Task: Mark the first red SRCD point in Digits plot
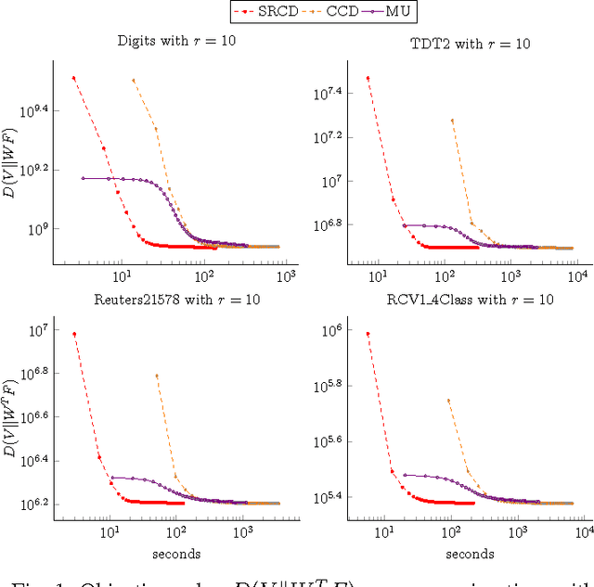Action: [x=73, y=78]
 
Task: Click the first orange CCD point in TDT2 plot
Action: [x=452, y=121]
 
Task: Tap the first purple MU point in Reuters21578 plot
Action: [x=111, y=478]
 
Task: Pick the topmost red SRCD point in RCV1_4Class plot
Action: [x=368, y=334]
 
